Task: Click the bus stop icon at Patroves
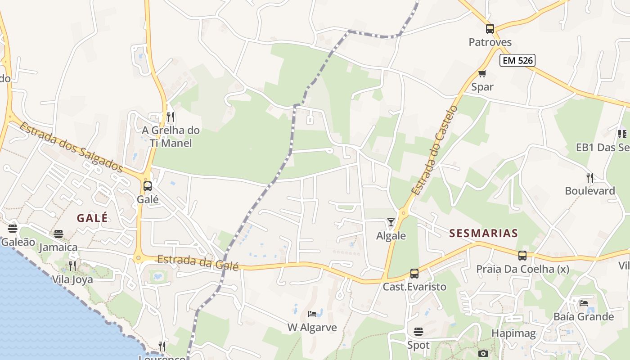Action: pyautogui.click(x=490, y=29)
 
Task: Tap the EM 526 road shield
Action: pyautogui.click(x=517, y=60)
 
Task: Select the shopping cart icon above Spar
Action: pyautogui.click(x=482, y=74)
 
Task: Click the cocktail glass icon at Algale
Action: pyautogui.click(x=391, y=222)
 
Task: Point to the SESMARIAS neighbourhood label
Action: pyautogui.click(x=484, y=234)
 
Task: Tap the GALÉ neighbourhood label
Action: pyautogui.click(x=92, y=218)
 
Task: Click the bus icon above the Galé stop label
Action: pyautogui.click(x=147, y=186)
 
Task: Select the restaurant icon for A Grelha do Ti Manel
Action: pyautogui.click(x=170, y=117)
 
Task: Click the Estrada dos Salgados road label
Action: pyautogui.click(x=71, y=147)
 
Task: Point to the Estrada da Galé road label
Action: pyautogui.click(x=198, y=262)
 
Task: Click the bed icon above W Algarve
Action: pyautogui.click(x=312, y=314)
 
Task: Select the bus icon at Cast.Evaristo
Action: pyautogui.click(x=414, y=274)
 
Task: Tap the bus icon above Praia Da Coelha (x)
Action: pyautogui.click(x=522, y=256)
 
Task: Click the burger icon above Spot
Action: pyautogui.click(x=418, y=332)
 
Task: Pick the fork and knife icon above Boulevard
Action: pyautogui.click(x=590, y=178)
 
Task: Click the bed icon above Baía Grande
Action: pyautogui.click(x=584, y=303)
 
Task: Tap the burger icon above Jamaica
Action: pyautogui.click(x=58, y=234)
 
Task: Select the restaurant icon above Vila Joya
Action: pyautogui.click(x=72, y=266)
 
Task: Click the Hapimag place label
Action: pyautogui.click(x=513, y=333)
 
